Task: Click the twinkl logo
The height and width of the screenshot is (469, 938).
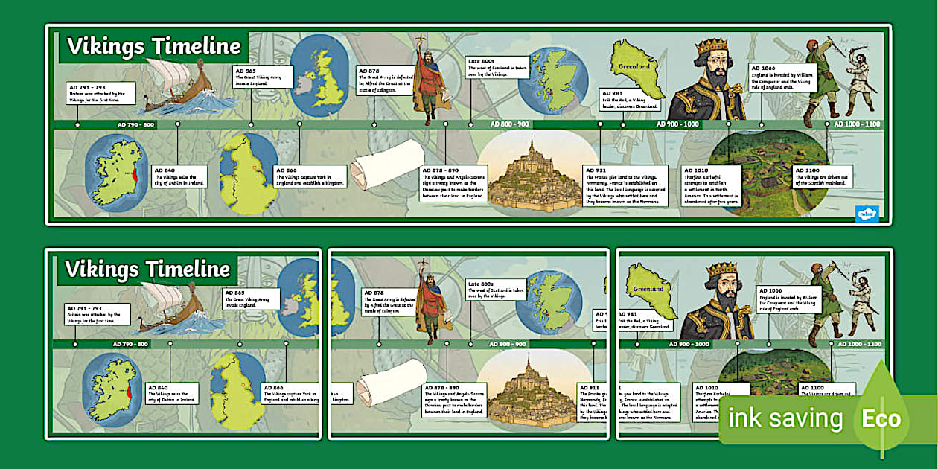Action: [x=867, y=213]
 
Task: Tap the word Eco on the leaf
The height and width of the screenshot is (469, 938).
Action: [x=881, y=418]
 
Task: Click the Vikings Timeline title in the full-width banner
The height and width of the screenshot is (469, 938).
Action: [x=154, y=46]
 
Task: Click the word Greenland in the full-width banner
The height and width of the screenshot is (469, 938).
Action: [x=634, y=66]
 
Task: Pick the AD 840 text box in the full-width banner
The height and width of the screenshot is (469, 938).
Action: [x=179, y=176]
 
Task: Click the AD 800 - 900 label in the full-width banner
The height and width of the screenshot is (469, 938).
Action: [x=509, y=124]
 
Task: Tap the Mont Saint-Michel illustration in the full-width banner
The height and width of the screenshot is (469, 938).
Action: [x=529, y=179]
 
